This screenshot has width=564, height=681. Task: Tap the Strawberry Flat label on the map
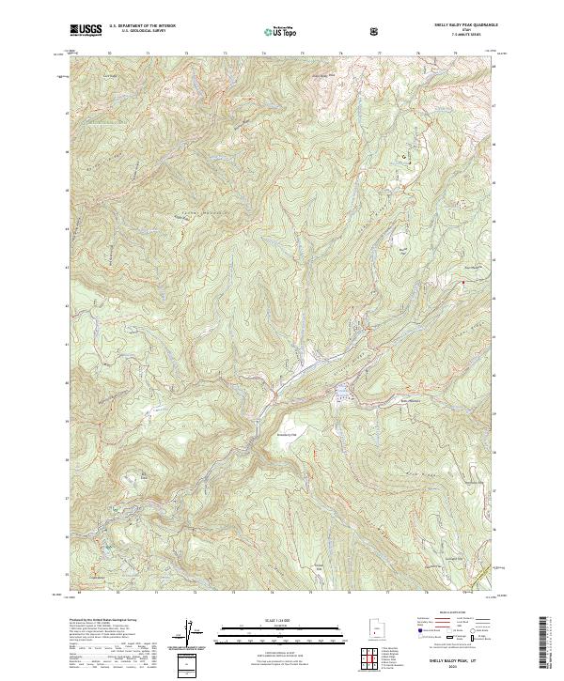point(285,434)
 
